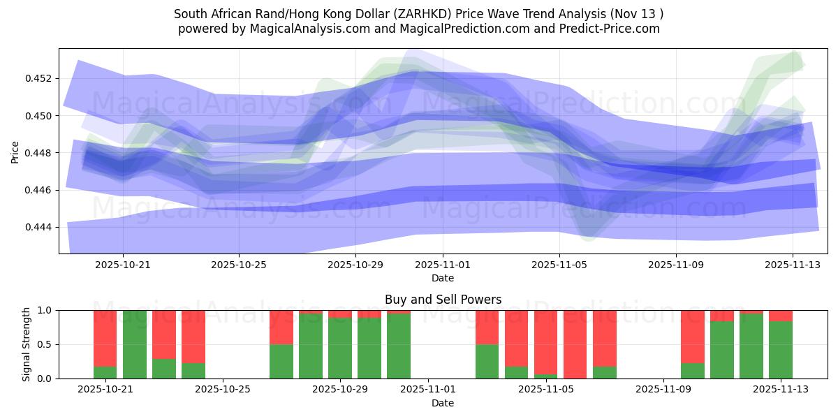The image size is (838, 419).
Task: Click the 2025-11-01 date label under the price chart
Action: click(x=443, y=265)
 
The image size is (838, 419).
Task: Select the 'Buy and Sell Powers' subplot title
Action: click(x=443, y=300)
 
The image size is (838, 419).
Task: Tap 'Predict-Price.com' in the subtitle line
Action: click(x=611, y=29)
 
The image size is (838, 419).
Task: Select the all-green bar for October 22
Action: click(x=135, y=344)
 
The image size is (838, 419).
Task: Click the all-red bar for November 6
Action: click(x=575, y=344)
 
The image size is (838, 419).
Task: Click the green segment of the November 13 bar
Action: click(x=781, y=350)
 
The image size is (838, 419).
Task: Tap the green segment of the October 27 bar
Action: click(x=281, y=361)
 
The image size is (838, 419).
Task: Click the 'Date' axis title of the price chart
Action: click(x=443, y=278)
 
